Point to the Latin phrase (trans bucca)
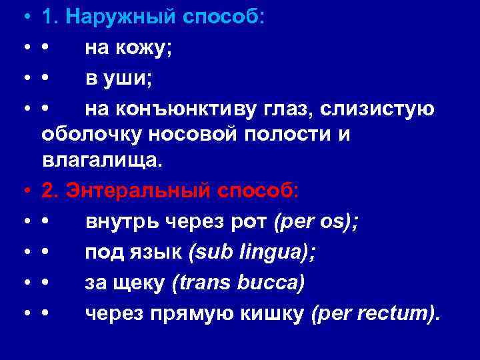pos(238,283)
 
